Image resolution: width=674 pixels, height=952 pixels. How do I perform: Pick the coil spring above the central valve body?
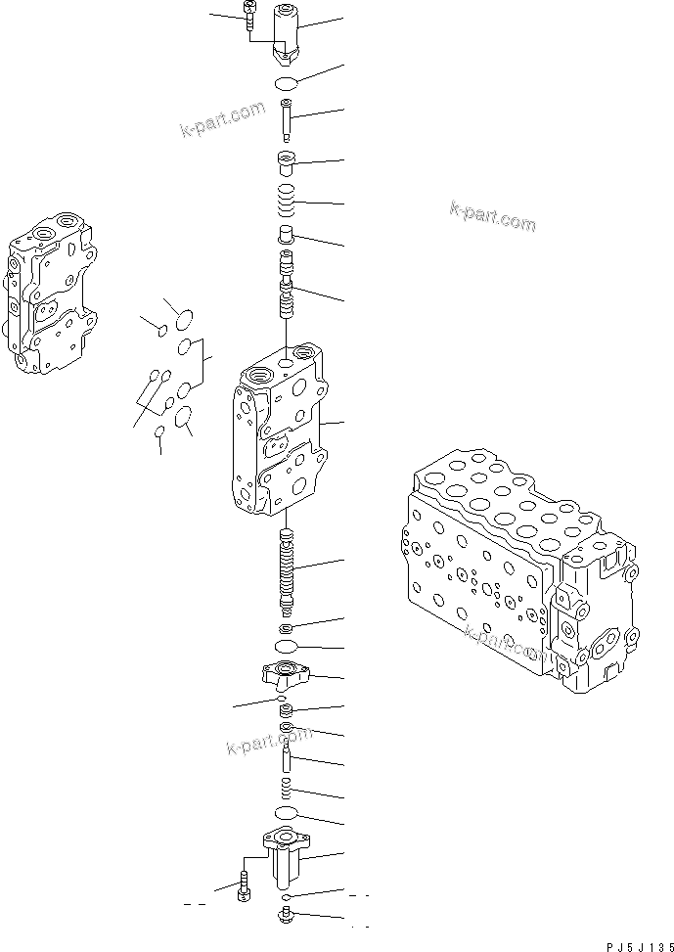click(287, 204)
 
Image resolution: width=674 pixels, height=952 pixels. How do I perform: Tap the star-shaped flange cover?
click(287, 673)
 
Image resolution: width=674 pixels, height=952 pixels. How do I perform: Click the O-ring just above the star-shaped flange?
click(287, 648)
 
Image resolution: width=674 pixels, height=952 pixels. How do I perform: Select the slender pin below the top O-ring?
click(287, 121)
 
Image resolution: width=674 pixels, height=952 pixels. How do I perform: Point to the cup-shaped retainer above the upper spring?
click(287, 160)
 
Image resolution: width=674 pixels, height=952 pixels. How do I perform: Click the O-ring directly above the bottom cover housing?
click(287, 814)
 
